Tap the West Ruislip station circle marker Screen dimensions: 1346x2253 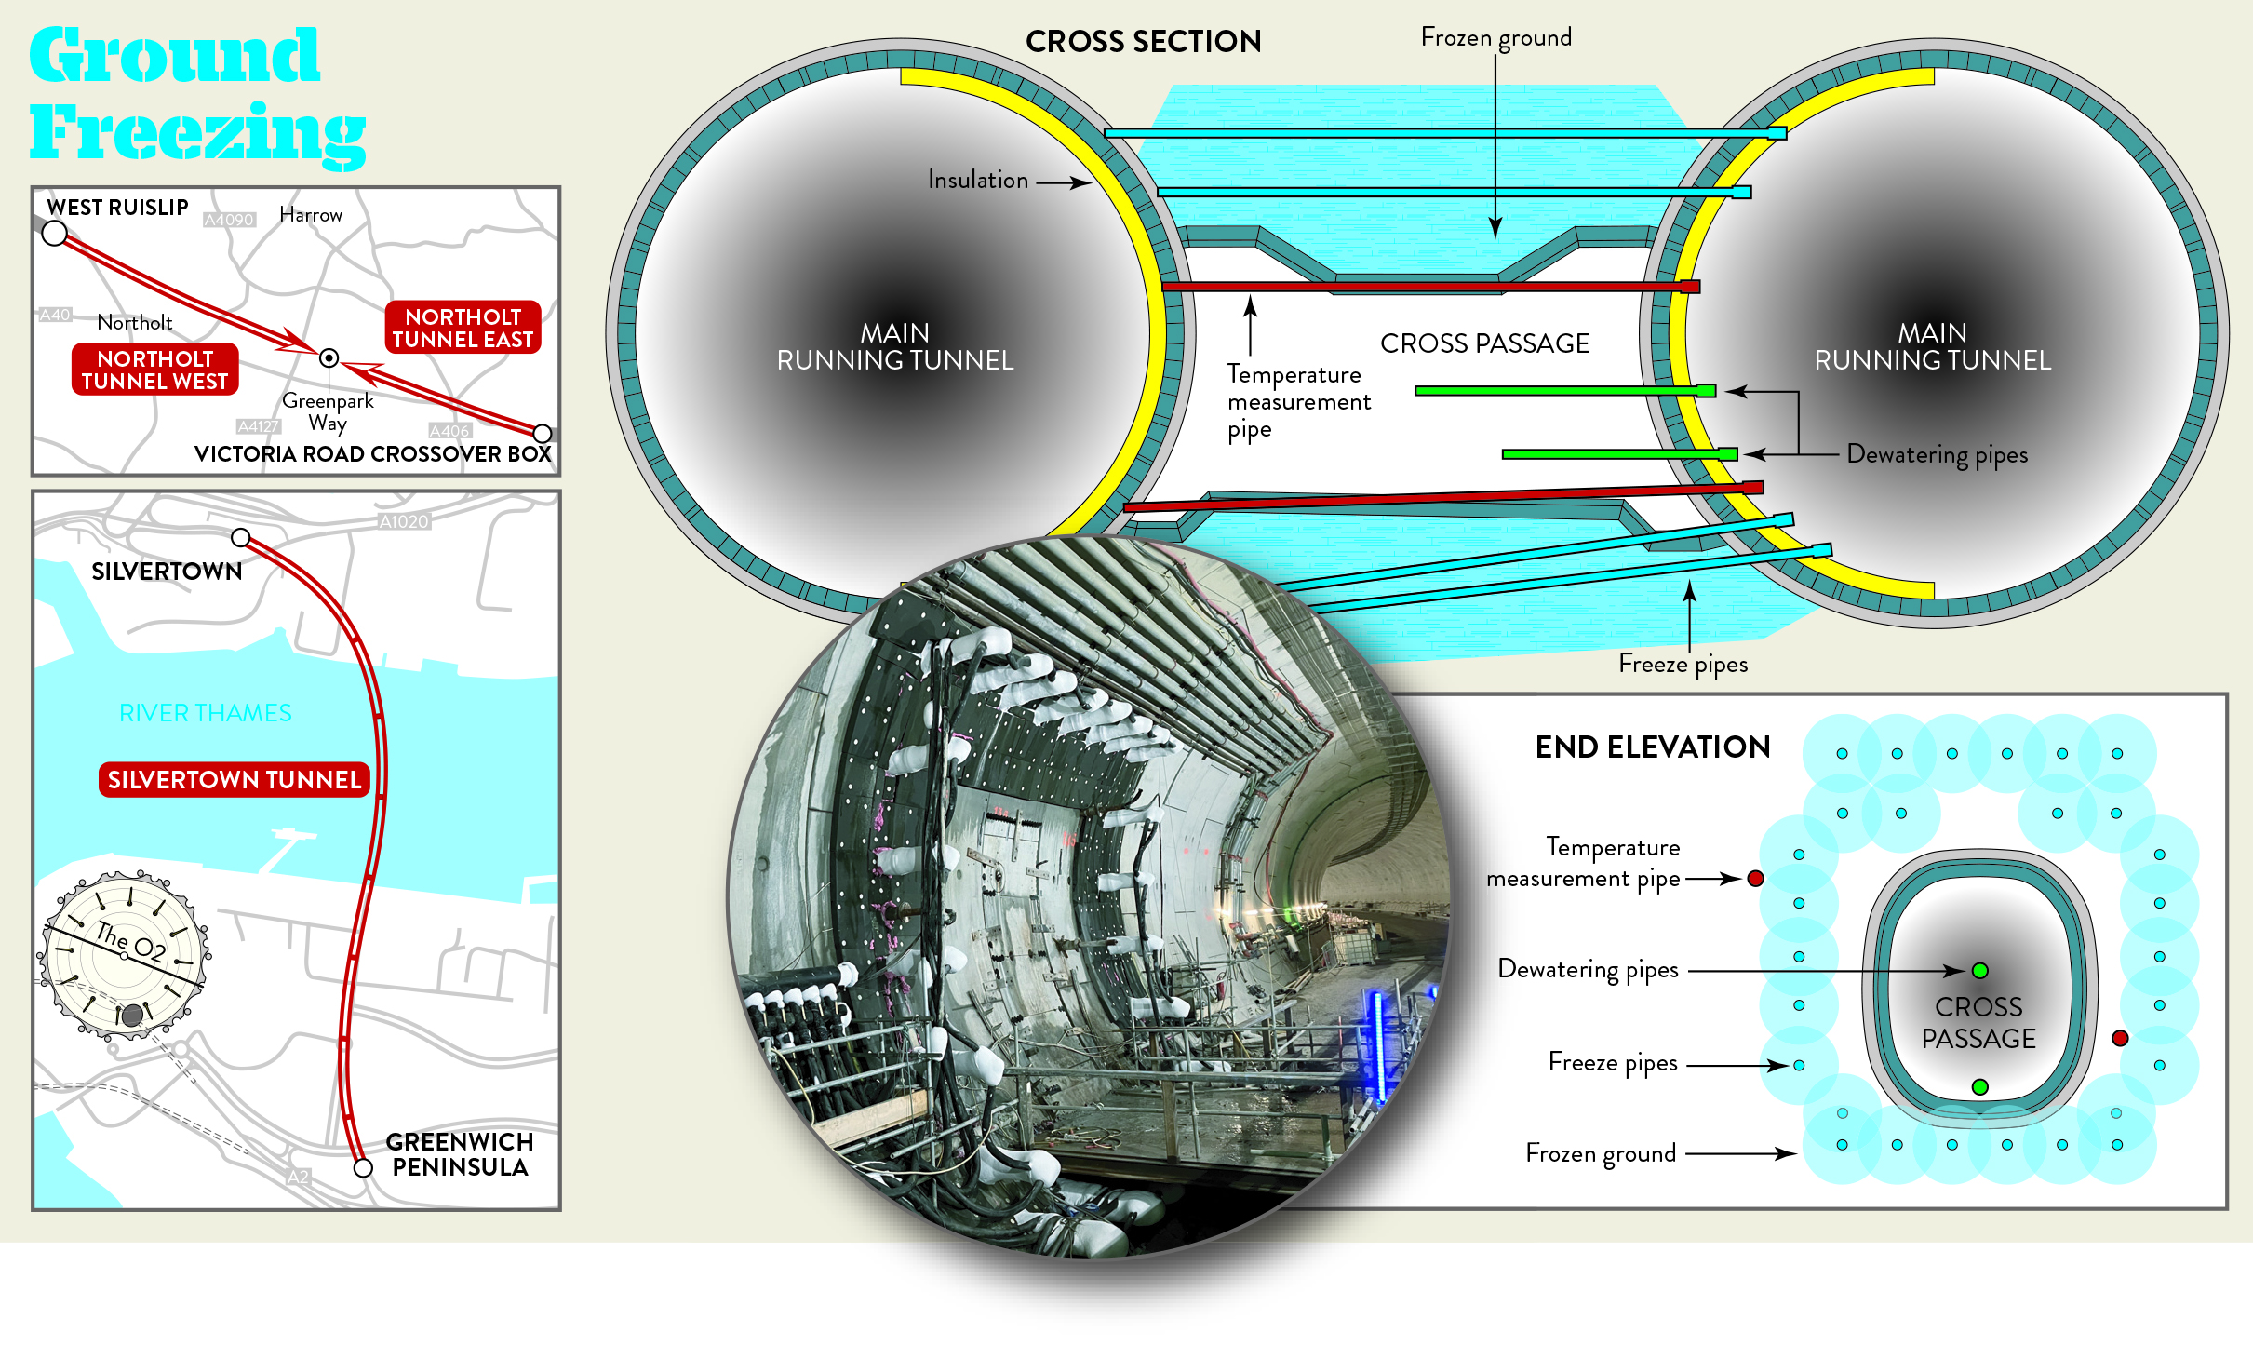(x=55, y=233)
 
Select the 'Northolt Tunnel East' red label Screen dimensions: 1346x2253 (x=463, y=328)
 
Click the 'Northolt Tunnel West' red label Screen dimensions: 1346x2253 (x=154, y=370)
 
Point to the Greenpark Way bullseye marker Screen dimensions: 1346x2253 (x=329, y=357)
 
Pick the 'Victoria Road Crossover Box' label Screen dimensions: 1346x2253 (x=372, y=454)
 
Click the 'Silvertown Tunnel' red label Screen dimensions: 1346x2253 (x=234, y=779)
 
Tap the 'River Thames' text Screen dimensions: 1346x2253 (x=206, y=713)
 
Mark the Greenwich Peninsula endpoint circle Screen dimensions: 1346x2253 (x=363, y=1167)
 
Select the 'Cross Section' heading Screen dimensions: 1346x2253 (x=1143, y=42)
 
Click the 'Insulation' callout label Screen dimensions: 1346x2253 (x=978, y=180)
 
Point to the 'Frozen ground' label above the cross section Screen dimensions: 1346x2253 (x=1495, y=38)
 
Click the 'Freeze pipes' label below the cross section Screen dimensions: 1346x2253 (x=1683, y=664)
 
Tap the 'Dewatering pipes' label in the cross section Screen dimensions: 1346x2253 (x=1937, y=454)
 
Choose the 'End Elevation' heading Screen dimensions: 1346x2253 (x=1652, y=747)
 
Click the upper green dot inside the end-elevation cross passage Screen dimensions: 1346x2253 (x=1979, y=971)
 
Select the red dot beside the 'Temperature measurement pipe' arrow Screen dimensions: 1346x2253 (x=1755, y=878)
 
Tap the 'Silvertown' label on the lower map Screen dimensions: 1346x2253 (x=167, y=572)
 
